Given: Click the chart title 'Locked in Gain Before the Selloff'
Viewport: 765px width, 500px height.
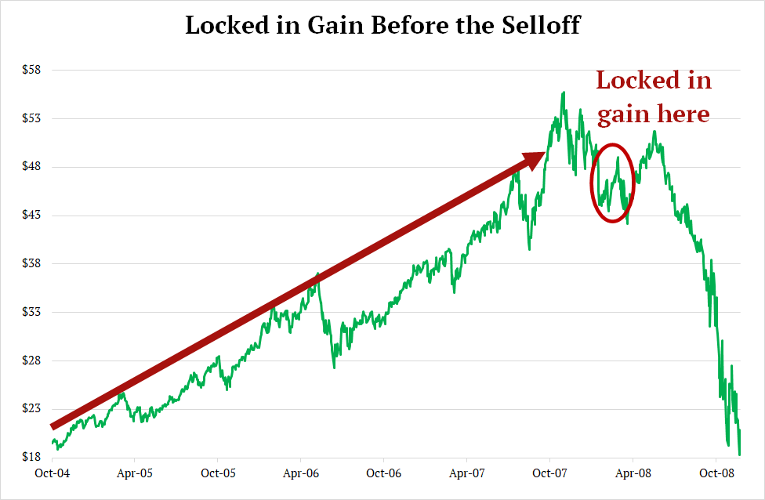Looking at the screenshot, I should coord(382,25).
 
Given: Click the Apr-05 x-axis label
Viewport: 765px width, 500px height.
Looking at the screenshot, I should coord(135,473).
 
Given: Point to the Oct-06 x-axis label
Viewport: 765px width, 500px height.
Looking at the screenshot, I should coord(384,473).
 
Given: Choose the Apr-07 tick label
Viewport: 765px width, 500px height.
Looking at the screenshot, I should coord(466,473).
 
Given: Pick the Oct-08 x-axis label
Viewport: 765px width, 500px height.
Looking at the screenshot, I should coord(716,473).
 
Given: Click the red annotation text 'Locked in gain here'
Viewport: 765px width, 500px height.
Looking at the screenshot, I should coord(654,97).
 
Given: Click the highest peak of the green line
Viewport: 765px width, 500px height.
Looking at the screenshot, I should coord(563,92).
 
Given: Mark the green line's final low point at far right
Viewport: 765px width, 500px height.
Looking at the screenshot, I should coord(739,454).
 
